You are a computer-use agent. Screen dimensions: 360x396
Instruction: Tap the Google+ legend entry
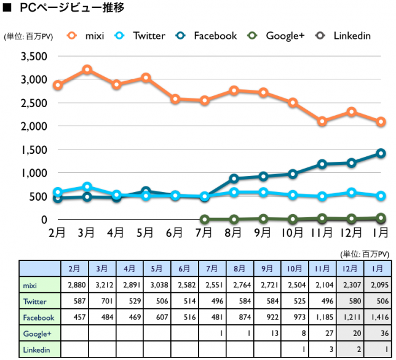pos(277,35)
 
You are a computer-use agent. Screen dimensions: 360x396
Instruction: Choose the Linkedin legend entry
pos(344,35)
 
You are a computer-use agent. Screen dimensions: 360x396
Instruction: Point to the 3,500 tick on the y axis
pos(34,57)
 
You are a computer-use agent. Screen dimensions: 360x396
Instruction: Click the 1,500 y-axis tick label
pos(34,150)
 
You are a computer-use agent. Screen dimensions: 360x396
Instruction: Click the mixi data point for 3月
pos(87,70)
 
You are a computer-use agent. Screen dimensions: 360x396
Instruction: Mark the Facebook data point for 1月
pos(381,153)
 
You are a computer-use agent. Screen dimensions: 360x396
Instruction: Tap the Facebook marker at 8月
pos(234,178)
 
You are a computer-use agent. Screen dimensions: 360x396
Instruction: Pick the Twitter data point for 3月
pos(87,186)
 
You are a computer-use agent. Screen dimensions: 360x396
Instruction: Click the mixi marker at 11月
pos(322,121)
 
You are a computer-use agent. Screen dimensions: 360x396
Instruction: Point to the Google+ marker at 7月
pos(204,219)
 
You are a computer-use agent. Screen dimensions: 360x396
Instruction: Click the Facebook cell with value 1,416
pos(378,318)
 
